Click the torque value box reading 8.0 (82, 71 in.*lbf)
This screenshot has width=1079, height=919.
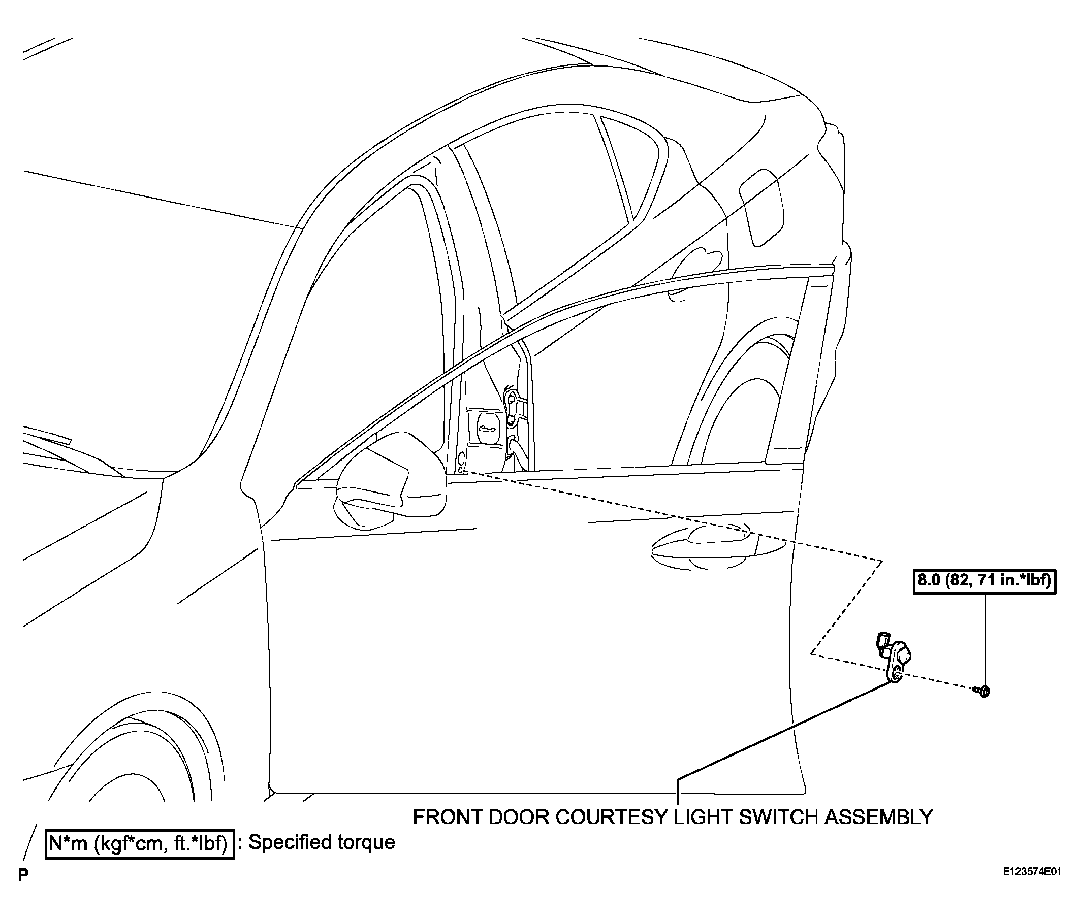click(x=984, y=580)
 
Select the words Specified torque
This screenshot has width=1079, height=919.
click(x=321, y=842)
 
